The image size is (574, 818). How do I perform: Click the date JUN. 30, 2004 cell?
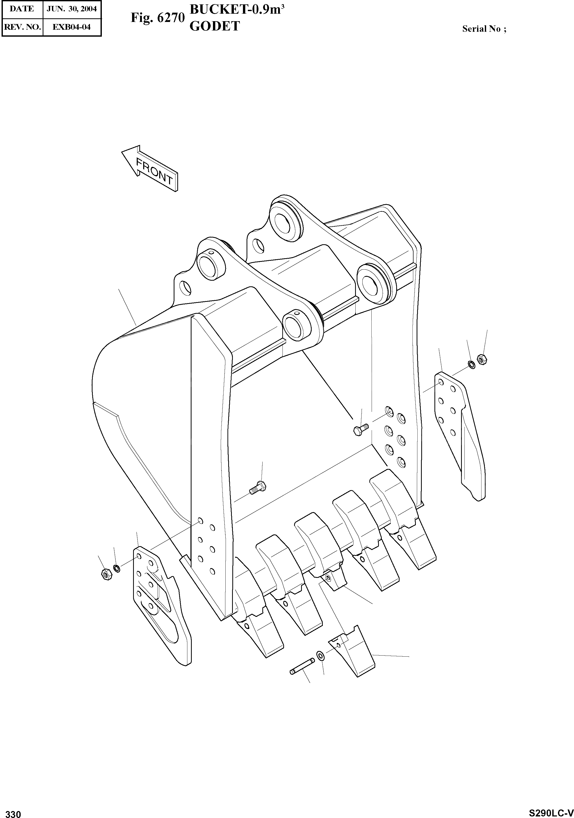pos(72,9)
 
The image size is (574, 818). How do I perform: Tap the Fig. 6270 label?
pos(157,18)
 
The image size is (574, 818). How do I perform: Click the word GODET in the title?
pos(215,26)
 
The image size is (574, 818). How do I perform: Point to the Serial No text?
pos(484,29)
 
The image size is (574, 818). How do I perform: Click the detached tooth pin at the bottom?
pos(302,670)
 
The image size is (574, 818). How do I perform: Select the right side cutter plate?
pos(460,435)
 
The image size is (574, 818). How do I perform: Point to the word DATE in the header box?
pos(22,9)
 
